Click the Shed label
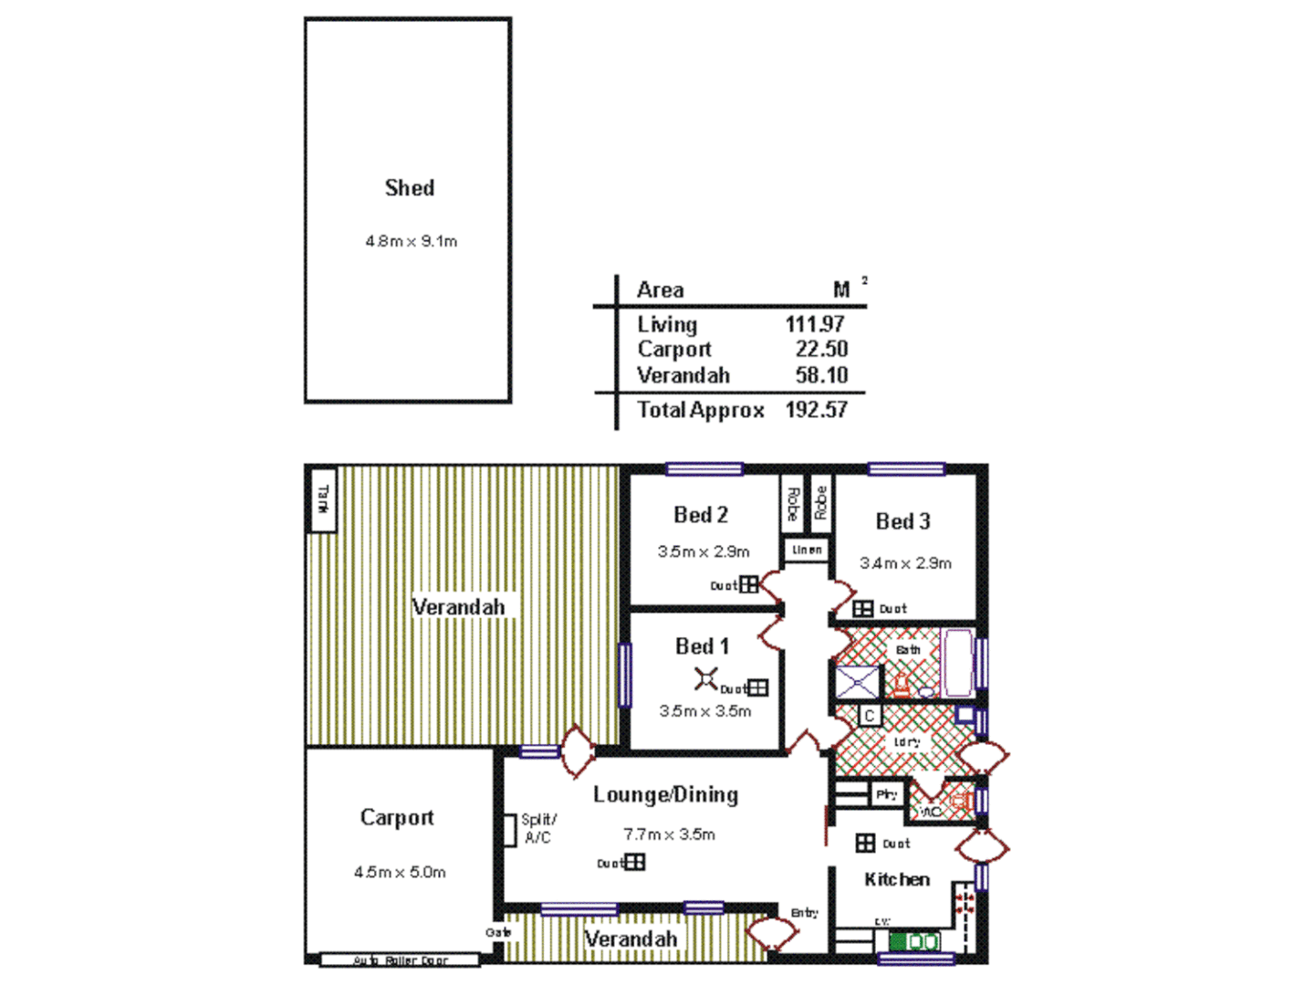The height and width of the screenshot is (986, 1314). click(x=409, y=188)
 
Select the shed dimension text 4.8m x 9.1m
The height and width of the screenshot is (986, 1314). click(x=412, y=242)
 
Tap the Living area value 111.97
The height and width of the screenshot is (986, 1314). click(x=815, y=324)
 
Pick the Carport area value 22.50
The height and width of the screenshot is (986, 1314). click(x=821, y=349)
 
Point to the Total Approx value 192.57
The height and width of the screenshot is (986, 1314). click(x=817, y=410)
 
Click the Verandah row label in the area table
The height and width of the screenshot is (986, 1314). click(x=683, y=375)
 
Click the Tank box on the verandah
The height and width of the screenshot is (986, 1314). click(x=323, y=498)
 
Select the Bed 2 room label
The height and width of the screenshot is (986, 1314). click(x=701, y=515)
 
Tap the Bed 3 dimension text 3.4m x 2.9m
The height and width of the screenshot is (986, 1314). click(x=905, y=563)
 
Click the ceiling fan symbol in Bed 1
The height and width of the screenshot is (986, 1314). click(x=705, y=678)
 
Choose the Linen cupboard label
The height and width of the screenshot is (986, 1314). click(x=807, y=550)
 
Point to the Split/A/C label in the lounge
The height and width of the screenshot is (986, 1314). click(x=538, y=828)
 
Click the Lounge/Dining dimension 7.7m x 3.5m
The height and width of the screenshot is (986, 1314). click(x=669, y=834)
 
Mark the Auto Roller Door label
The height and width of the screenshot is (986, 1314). click(x=401, y=960)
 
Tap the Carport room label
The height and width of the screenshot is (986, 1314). click(x=397, y=817)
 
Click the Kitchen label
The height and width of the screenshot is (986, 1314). click(x=897, y=879)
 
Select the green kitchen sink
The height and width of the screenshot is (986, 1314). click(x=914, y=941)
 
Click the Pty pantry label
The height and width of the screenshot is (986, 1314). click(x=886, y=794)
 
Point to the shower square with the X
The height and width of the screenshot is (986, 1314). click(x=858, y=682)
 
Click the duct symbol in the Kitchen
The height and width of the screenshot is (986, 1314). click(x=865, y=844)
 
